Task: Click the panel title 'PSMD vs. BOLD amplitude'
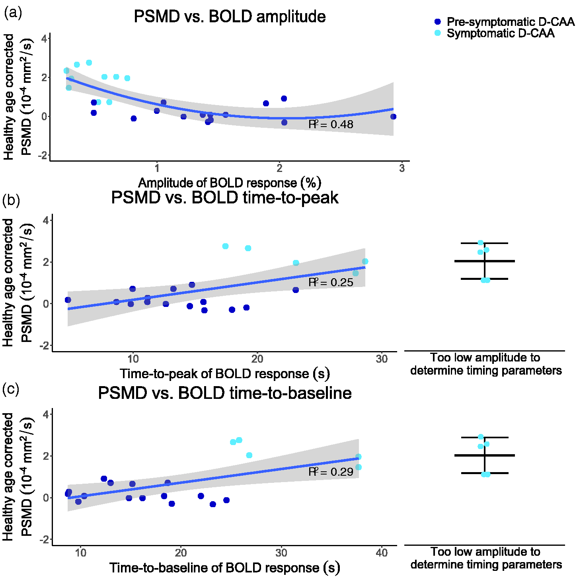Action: click(230, 17)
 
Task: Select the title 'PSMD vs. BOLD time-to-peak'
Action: click(225, 198)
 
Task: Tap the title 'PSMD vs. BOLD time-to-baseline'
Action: click(225, 393)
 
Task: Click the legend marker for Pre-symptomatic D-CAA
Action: click(438, 21)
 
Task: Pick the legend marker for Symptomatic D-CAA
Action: click(438, 33)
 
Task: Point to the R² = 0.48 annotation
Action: click(331, 124)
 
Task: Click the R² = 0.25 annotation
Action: click(331, 282)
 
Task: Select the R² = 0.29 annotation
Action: click(331, 471)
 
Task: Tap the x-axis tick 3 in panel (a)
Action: click(402, 168)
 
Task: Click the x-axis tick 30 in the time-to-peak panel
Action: click(382, 359)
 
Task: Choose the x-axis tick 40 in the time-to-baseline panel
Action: click(382, 553)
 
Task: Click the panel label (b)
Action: click(11, 200)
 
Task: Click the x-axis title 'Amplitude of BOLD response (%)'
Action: click(230, 183)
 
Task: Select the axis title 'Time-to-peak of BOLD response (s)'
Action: click(225, 373)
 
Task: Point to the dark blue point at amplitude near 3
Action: click(393, 117)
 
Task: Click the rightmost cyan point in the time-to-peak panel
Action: click(365, 261)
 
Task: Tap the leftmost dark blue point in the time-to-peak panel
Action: click(68, 300)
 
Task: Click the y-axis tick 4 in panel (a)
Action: click(44, 39)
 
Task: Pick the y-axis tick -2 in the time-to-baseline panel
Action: click(44, 539)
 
